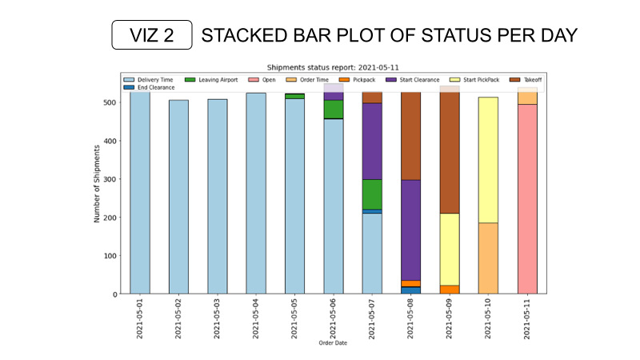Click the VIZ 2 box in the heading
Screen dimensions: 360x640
click(x=152, y=36)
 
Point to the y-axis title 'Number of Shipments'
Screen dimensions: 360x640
click(x=98, y=182)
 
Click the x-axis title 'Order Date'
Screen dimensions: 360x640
click(x=334, y=344)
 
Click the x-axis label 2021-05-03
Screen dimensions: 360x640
click(x=217, y=318)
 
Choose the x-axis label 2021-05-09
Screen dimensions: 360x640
click(x=450, y=318)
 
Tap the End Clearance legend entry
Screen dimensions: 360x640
click(x=151, y=87)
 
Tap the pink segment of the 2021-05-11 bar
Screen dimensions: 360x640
click(x=527, y=199)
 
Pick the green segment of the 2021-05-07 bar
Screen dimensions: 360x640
click(x=372, y=194)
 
